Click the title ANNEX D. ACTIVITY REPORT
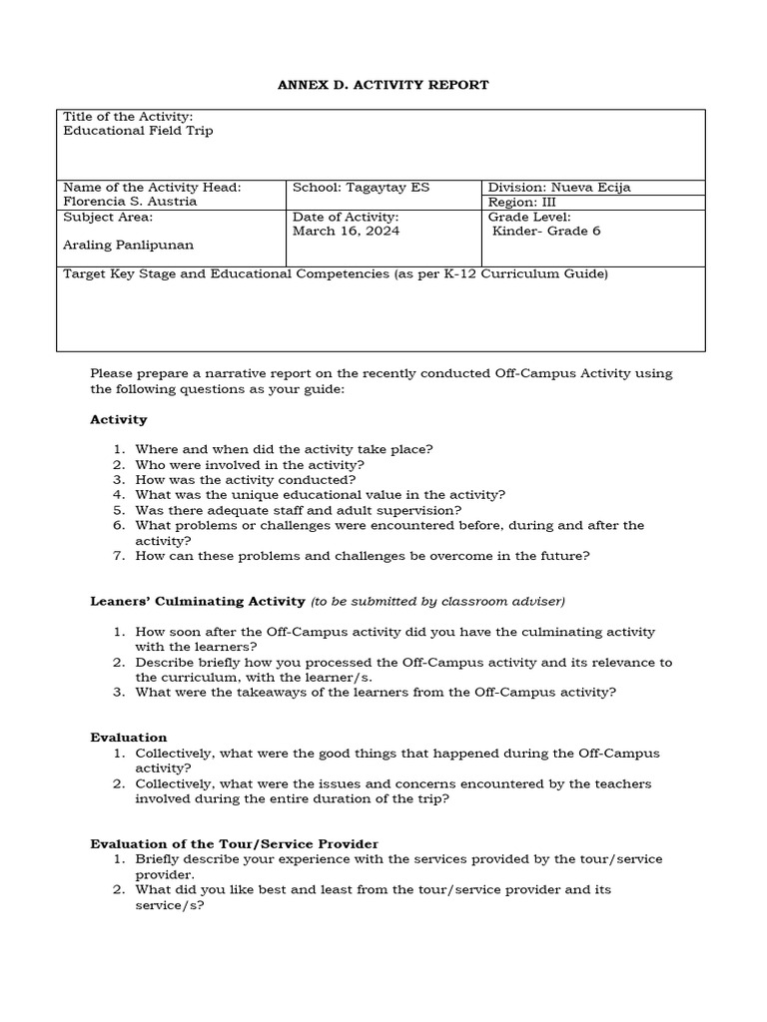tap(383, 85)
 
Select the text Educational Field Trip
tap(138, 131)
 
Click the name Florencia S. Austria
tap(130, 201)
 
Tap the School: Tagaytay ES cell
tap(361, 188)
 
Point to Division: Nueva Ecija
tap(559, 188)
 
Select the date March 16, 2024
tap(346, 231)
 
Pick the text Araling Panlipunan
tap(128, 245)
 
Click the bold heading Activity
tap(119, 419)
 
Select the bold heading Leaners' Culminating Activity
tap(198, 601)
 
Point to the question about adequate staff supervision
tap(299, 509)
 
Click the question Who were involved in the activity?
tap(250, 464)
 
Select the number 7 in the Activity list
tap(117, 556)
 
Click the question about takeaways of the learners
tap(376, 692)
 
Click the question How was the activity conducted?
tap(246, 479)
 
